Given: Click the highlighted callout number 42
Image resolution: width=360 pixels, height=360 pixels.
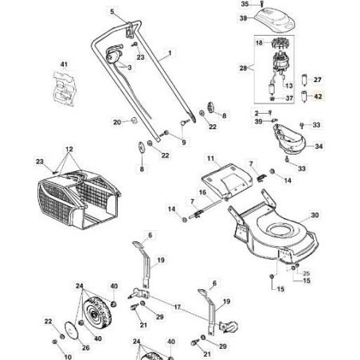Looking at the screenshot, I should tap(318, 96).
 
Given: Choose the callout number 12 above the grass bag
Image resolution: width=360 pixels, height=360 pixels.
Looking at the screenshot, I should tap(69, 150).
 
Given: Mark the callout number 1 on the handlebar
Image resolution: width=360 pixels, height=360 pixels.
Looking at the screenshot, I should tap(169, 57).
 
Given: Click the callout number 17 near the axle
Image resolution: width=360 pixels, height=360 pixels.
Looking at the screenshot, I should tap(178, 307).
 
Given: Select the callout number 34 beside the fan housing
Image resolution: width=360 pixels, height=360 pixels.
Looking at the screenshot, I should tap(319, 147).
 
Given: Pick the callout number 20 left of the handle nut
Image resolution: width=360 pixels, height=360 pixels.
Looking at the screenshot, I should tap(117, 122).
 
